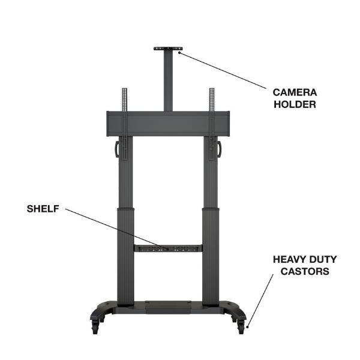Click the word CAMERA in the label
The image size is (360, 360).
click(x=295, y=92)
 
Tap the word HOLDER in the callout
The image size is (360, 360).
click(x=295, y=104)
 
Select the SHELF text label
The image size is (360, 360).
click(x=43, y=209)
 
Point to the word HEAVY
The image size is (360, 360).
click(x=289, y=259)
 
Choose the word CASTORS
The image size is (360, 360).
click(x=305, y=271)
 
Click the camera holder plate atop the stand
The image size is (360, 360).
click(x=168, y=49)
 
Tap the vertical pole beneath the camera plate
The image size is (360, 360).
click(x=168, y=81)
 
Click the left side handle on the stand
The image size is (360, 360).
click(x=116, y=149)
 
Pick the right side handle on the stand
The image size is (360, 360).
click(x=219, y=149)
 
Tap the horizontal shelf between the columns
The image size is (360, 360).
click(x=168, y=248)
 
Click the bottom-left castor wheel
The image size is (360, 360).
click(x=95, y=327)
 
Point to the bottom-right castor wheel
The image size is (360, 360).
click(x=241, y=327)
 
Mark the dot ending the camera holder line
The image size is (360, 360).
click(x=179, y=52)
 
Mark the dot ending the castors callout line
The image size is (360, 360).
click(x=247, y=327)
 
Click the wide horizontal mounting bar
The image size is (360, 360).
click(x=168, y=124)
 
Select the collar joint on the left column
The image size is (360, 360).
click(x=125, y=209)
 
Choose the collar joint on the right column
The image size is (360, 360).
click(x=211, y=209)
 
